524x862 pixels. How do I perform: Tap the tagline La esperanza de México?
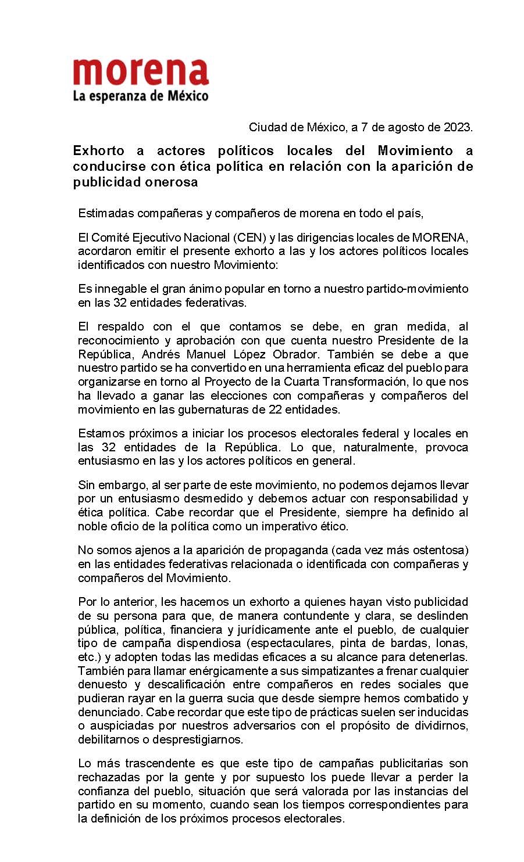coord(141,96)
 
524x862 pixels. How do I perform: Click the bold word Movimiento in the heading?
coord(415,151)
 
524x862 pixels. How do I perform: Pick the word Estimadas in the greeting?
coord(102,213)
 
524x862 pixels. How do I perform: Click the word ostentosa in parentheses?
coord(440,550)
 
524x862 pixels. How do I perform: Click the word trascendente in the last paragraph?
coord(156,764)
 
